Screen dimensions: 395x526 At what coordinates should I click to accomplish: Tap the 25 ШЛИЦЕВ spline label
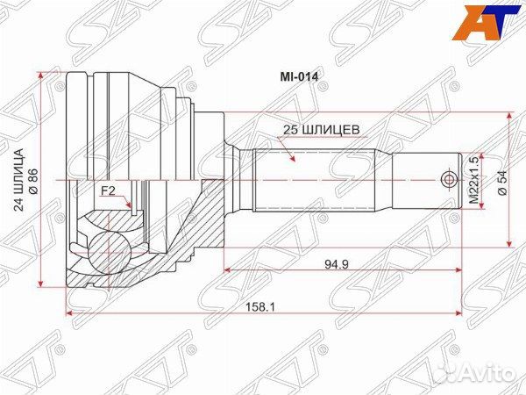[317, 128]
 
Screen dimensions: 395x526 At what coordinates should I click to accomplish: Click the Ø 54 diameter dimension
[501, 181]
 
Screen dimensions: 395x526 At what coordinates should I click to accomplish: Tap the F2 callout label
[108, 190]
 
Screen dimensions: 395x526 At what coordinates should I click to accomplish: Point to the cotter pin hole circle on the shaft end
[449, 180]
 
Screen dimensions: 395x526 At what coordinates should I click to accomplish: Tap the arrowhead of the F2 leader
[129, 206]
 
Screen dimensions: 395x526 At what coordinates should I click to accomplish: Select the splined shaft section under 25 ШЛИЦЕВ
[316, 180]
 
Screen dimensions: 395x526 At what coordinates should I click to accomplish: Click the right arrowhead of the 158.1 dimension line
[457, 313]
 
